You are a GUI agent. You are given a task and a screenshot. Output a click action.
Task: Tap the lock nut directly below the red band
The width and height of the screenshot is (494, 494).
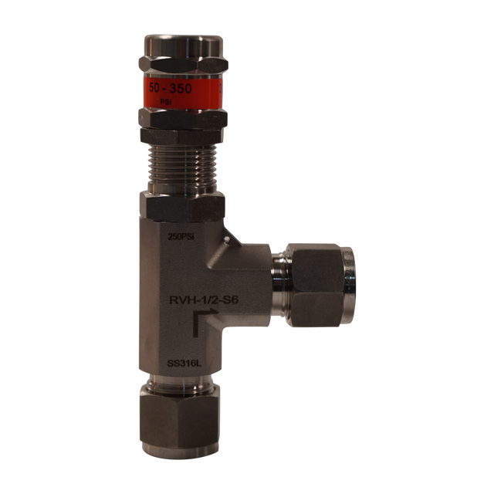[181, 120]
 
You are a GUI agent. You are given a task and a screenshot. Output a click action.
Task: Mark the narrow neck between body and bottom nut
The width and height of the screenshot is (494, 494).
[181, 384]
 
